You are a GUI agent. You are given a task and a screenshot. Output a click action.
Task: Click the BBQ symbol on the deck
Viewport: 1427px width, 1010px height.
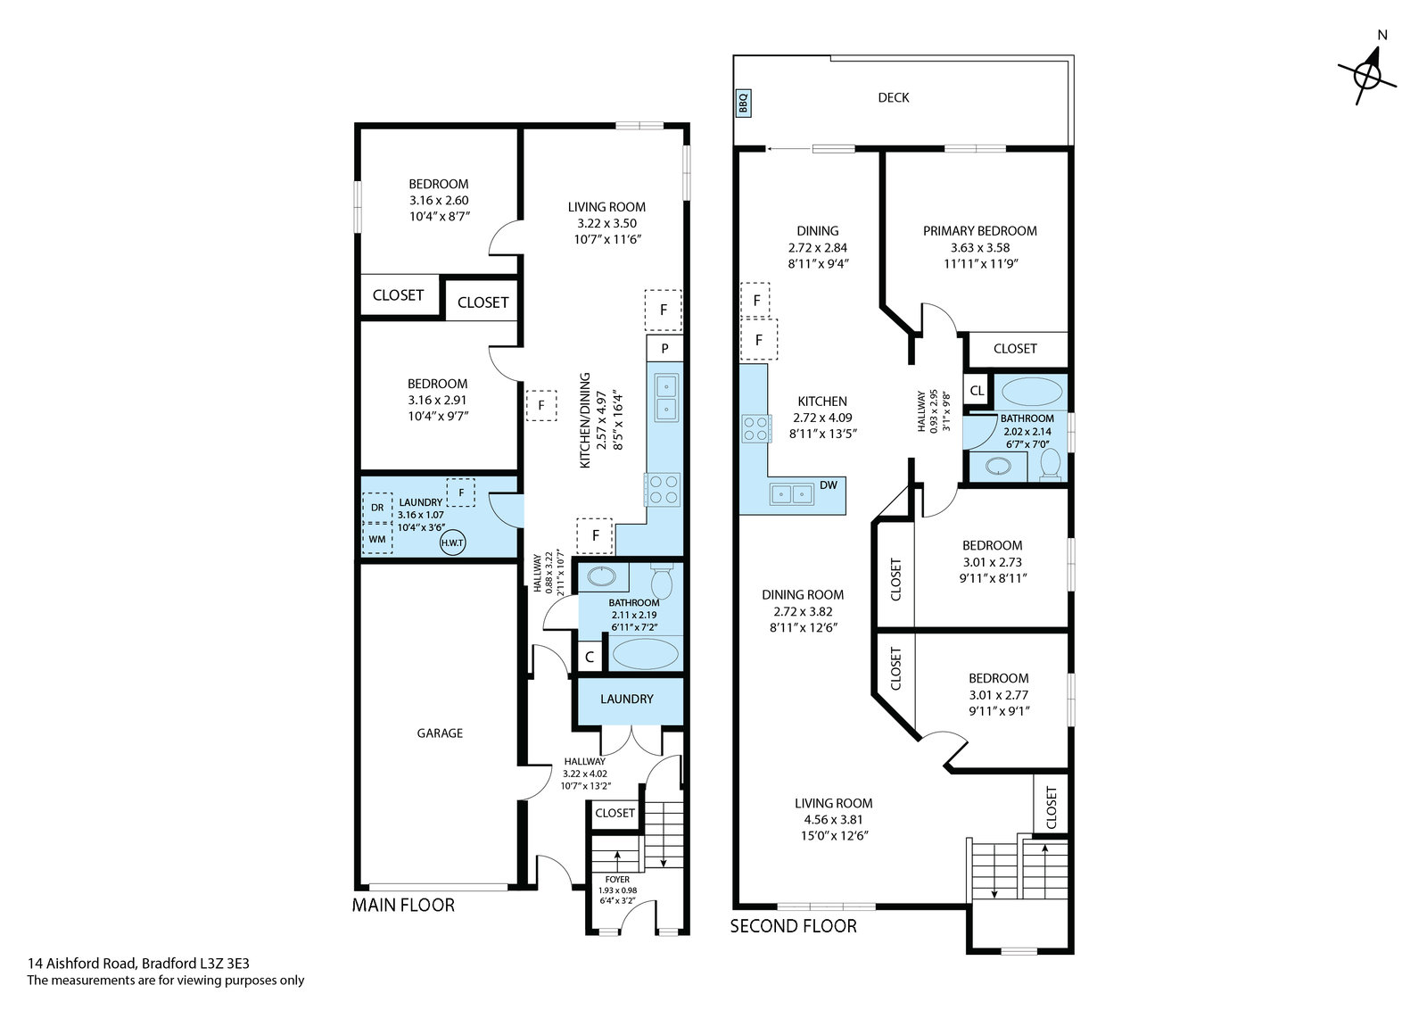(x=743, y=103)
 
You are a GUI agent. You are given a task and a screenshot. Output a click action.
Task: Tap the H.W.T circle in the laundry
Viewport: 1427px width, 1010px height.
(x=452, y=542)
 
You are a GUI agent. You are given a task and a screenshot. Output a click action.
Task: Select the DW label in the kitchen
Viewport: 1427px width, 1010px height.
(x=829, y=485)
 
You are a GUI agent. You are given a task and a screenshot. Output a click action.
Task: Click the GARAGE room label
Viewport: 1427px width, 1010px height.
(x=440, y=733)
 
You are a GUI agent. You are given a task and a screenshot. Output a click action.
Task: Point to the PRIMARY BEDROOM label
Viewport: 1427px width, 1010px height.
(x=980, y=231)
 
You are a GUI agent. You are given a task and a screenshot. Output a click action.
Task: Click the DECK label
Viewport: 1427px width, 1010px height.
(x=893, y=97)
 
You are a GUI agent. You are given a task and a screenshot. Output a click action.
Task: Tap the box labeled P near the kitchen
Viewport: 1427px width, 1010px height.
(x=664, y=348)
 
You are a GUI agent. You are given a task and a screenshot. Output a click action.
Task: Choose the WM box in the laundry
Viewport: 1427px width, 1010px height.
(x=377, y=539)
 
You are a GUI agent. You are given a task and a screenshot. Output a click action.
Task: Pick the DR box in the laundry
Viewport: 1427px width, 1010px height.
(x=377, y=507)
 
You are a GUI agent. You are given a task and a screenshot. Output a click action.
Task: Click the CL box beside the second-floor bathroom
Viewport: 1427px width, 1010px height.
(x=977, y=391)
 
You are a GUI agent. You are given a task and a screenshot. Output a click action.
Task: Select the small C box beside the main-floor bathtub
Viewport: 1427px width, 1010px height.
(x=590, y=657)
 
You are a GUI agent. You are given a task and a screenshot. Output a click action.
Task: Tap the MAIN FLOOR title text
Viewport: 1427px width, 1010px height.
(x=403, y=905)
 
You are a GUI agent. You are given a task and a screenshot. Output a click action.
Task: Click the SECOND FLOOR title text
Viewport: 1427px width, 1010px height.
(x=793, y=926)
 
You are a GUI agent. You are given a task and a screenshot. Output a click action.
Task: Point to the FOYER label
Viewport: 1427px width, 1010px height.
(x=617, y=880)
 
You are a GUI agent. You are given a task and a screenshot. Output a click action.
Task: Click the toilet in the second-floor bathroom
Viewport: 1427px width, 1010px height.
(x=1049, y=463)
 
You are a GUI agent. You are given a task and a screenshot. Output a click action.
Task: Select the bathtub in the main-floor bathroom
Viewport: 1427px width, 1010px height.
(x=646, y=654)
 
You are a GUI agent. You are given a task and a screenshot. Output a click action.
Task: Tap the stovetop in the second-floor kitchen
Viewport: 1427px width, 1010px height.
(x=756, y=428)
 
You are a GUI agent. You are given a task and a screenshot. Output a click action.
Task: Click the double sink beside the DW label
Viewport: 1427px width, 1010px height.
(x=792, y=494)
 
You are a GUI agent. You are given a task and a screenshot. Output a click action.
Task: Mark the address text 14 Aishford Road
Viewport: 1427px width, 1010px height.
(x=81, y=964)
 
